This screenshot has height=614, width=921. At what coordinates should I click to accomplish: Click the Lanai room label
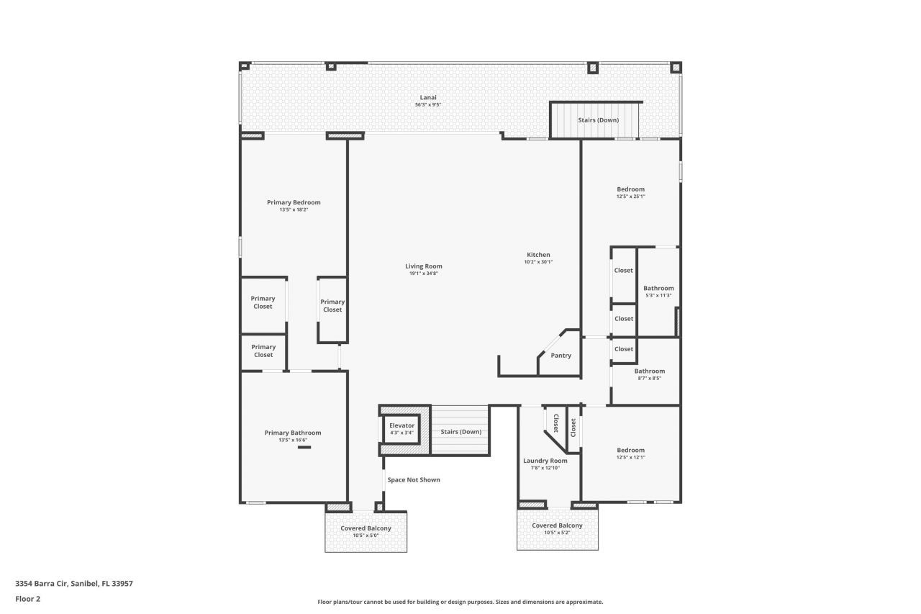pyautogui.click(x=428, y=97)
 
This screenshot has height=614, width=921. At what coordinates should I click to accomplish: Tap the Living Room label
pyautogui.click(x=423, y=266)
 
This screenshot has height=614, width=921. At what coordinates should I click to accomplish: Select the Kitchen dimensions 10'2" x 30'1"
pyautogui.click(x=538, y=262)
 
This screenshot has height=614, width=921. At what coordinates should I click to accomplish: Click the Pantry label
pyautogui.click(x=561, y=356)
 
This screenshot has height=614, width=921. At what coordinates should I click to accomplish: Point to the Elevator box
pyautogui.click(x=401, y=430)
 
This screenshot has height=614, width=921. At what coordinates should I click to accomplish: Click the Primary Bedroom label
pyautogui.click(x=294, y=202)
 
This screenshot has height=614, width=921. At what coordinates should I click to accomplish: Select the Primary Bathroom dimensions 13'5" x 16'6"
pyautogui.click(x=293, y=440)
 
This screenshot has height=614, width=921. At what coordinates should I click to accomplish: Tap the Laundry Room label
pyautogui.click(x=545, y=461)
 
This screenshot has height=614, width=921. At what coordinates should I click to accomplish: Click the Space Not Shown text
pyautogui.click(x=414, y=479)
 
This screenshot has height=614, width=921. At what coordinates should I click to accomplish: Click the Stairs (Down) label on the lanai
pyautogui.click(x=598, y=120)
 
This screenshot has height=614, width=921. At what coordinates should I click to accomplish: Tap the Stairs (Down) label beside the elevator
pyautogui.click(x=460, y=432)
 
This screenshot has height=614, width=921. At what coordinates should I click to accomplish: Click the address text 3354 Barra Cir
pyautogui.click(x=74, y=584)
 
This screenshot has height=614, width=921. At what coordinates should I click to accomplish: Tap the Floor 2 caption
pyautogui.click(x=27, y=598)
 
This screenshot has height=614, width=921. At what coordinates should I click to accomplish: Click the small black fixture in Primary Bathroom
pyautogui.click(x=304, y=447)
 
